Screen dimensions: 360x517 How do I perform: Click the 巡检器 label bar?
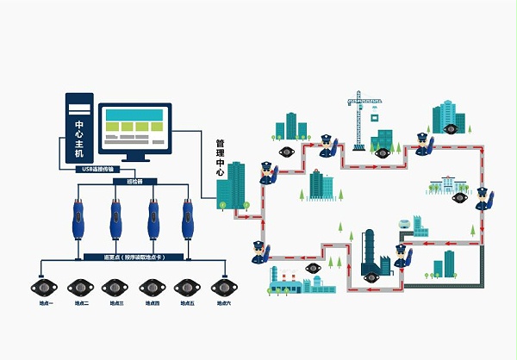click(134, 183)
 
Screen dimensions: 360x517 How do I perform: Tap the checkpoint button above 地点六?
click(224, 286)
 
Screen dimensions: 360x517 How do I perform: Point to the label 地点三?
click(116, 303)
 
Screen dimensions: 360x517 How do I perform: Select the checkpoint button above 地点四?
click(153, 286)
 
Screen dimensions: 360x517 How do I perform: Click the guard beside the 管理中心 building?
click(265, 173)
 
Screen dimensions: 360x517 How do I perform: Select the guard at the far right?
click(483, 199)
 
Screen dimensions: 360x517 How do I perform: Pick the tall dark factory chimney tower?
click(371, 251)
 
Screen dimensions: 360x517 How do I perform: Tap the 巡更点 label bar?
click(134, 258)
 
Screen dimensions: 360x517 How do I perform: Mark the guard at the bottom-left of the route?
click(258, 252)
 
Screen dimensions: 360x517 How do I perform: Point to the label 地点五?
click(188, 303)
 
